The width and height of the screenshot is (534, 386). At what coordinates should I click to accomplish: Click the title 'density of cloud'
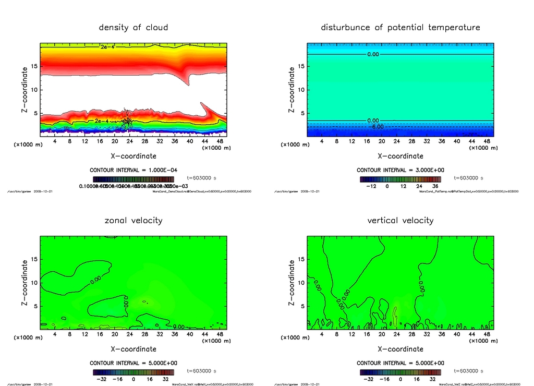pos(133,27)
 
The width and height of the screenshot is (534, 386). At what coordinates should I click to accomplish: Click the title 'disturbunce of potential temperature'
pos(400,27)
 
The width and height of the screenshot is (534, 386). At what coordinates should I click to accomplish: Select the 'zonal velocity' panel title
pos(133,220)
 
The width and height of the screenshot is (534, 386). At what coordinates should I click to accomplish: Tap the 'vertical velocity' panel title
pos(400,220)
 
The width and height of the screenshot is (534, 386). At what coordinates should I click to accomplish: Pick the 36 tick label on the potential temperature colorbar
pos(434,186)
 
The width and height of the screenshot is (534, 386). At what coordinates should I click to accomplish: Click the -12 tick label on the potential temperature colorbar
pos(371,186)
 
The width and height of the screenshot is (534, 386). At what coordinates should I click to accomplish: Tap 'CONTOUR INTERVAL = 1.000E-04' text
pos(133,171)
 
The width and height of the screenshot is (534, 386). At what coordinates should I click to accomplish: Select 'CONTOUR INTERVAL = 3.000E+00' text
pos(400,171)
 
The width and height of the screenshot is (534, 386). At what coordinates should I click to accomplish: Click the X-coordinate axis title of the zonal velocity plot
pos(133,349)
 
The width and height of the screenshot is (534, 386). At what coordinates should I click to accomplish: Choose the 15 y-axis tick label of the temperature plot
pos(301,66)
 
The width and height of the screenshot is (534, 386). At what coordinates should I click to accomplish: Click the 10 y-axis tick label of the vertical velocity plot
pos(301,283)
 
